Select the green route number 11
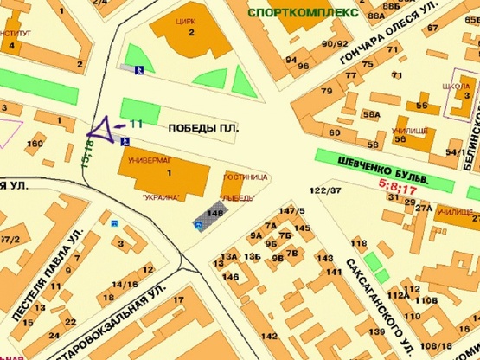(x=136, y=125)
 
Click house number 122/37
(x=323, y=190)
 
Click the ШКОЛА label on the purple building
(x=456, y=87)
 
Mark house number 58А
(x=372, y=113)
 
